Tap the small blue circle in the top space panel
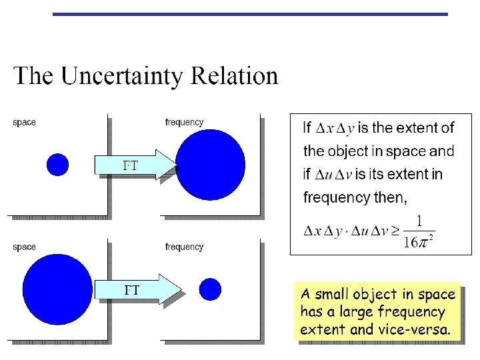(58, 164)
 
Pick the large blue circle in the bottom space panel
(59, 289)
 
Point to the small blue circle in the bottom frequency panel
(210, 289)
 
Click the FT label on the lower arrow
(132, 290)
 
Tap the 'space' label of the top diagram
(25, 122)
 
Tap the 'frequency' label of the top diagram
(184, 122)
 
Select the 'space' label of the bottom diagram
(25, 247)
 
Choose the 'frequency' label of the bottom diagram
(184, 247)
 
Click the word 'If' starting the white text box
(307, 127)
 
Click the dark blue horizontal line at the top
(250, 14)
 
